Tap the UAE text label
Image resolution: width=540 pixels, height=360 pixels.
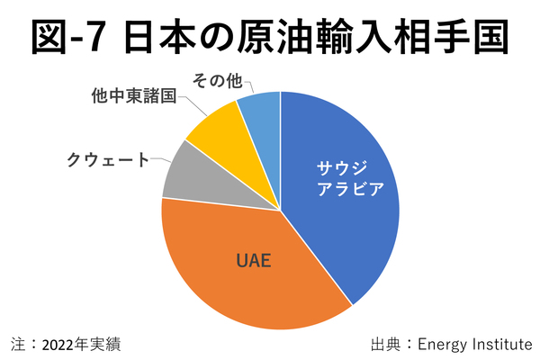(254, 262)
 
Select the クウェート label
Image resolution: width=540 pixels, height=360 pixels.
(108, 159)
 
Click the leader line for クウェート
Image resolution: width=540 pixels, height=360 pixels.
(160, 161)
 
